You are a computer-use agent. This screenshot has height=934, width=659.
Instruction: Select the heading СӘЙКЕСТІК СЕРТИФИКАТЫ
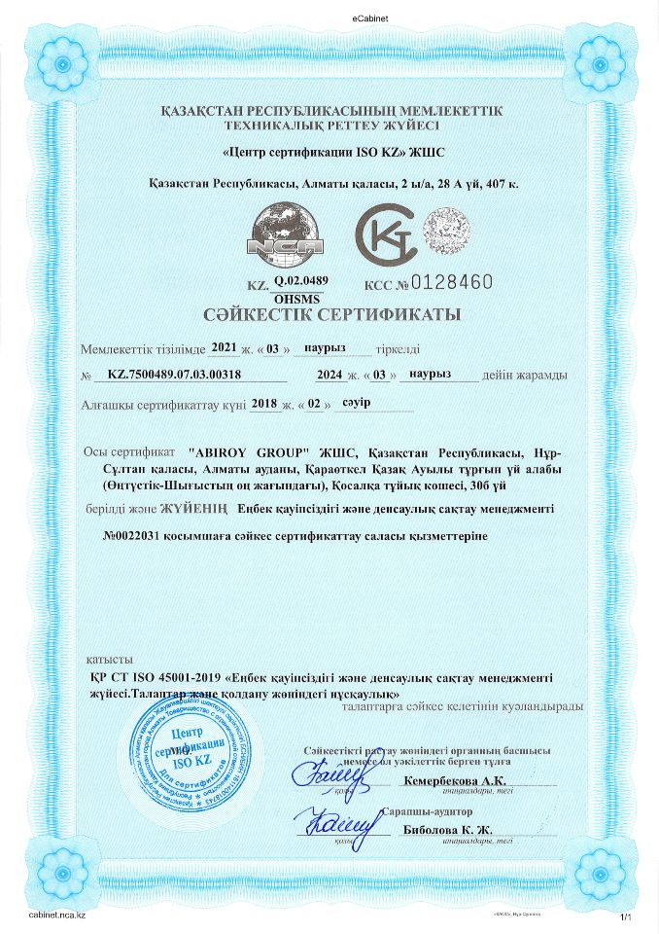[x=330, y=315]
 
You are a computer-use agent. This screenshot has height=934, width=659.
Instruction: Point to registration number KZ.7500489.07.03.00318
[x=174, y=374]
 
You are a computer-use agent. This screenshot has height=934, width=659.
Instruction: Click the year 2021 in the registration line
[x=224, y=347]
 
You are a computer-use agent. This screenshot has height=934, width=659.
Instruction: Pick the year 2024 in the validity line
[x=330, y=374]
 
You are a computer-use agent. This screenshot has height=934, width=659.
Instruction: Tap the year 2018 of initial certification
[x=264, y=402]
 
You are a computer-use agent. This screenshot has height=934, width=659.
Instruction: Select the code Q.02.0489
[x=301, y=280]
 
